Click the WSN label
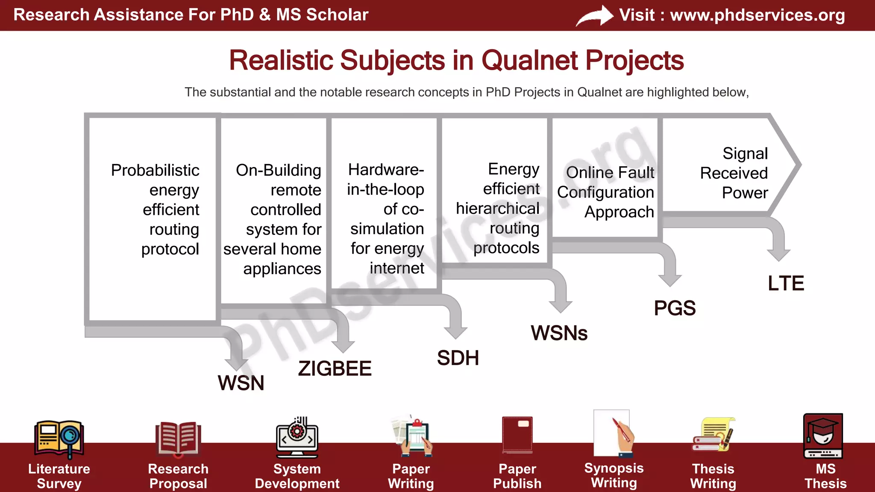[241, 383]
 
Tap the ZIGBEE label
[335, 369]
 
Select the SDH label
[458, 358]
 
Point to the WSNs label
[559, 333]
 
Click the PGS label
[675, 308]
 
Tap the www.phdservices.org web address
[757, 15]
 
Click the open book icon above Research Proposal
[178, 438]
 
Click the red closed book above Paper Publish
[517, 435]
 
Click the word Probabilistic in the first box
[155, 170]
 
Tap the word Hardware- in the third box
[386, 170]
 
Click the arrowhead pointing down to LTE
[778, 255]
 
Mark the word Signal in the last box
[745, 154]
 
